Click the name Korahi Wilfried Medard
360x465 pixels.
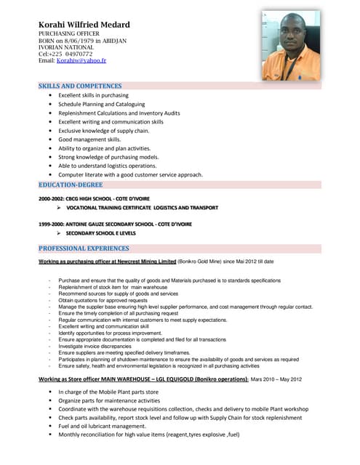pyautogui.click(x=84, y=25)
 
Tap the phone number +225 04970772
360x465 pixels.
pyautogui.click(x=71, y=54)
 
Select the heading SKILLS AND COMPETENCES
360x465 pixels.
pyautogui.click(x=80, y=86)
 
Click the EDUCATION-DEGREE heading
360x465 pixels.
pyautogui.click(x=71, y=185)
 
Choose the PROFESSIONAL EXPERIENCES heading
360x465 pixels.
pyautogui.click(x=84, y=248)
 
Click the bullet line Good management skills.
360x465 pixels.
pyautogui.click(x=89, y=139)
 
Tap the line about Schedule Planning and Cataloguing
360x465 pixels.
pyautogui.click(x=101, y=104)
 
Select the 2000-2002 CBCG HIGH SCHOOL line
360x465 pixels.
pyautogui.click(x=94, y=198)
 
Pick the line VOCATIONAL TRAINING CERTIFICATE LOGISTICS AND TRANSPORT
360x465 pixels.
pyautogui.click(x=142, y=208)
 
